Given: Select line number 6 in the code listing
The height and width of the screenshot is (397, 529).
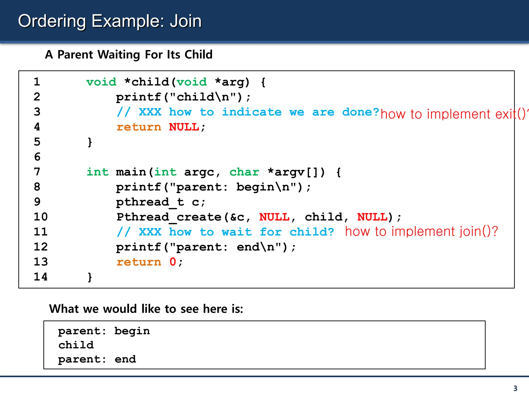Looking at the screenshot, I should (37, 157).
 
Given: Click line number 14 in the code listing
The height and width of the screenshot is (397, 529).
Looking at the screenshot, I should (41, 277).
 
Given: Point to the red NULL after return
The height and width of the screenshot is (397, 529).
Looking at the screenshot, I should (184, 127).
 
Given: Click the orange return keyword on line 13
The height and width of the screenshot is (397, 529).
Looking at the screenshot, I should (139, 262).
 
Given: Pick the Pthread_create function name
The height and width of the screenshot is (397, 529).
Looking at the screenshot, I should (169, 217).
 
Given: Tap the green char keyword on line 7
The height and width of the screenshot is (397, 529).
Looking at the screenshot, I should (244, 172).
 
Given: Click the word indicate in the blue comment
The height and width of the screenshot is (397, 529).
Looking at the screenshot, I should (252, 112).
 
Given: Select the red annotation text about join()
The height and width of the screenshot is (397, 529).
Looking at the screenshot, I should (421, 231).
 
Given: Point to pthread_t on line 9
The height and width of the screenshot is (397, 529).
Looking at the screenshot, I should (150, 202).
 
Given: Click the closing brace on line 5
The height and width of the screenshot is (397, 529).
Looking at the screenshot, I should (90, 142).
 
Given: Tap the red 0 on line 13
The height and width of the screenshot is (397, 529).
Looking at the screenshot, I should (173, 262).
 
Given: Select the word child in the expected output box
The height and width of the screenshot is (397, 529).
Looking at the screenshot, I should (76, 345).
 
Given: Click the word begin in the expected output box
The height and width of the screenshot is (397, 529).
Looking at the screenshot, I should (132, 331).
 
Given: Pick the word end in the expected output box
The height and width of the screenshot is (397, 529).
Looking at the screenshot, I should (125, 359).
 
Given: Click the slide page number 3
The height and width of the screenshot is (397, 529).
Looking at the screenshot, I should (515, 388).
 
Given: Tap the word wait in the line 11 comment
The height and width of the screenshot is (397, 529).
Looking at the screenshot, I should (237, 232).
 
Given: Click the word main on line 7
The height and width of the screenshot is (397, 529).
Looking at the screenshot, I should (131, 172).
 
